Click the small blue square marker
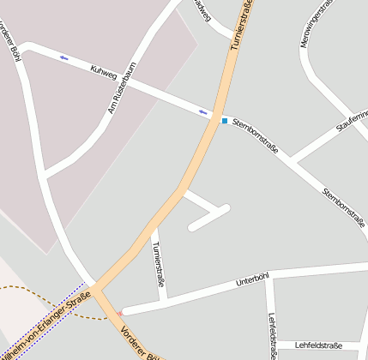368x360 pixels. [225, 121]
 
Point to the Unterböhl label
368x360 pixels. [252, 280]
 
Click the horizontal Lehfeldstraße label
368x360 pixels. [317, 345]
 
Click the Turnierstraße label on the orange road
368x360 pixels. [243, 26]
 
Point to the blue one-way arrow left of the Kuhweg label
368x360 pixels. [64, 57]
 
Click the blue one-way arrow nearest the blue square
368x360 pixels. [203, 112]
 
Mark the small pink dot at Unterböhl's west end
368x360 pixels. [122, 312]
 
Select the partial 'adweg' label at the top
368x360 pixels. [202, 10]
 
